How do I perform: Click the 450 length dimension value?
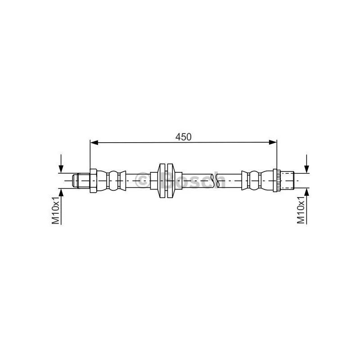(183, 137)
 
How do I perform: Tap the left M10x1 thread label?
(55, 210)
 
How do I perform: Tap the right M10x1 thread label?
(301, 210)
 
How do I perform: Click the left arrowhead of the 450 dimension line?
(94, 143)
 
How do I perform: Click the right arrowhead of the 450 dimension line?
(273, 143)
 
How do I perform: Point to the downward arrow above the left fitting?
(61, 163)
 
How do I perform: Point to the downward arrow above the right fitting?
(307, 163)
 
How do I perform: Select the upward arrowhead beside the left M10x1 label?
(61, 193)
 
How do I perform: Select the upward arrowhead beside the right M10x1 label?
(307, 193)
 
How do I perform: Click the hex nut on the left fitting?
(93, 181)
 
